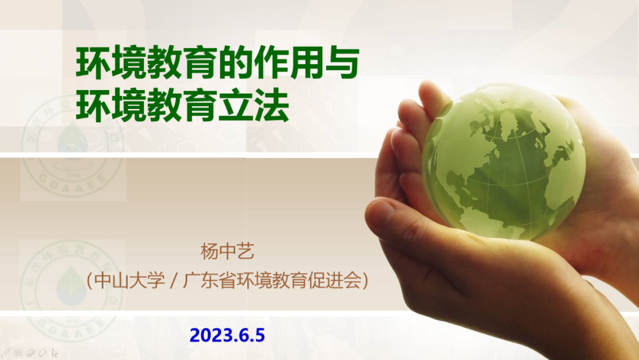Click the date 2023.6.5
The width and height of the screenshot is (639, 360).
point(227,335)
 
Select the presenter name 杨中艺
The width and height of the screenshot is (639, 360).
point(227,251)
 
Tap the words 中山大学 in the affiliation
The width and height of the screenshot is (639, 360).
point(130,281)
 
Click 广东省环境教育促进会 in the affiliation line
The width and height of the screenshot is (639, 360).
point(272,281)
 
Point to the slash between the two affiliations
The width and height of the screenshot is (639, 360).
point(174,281)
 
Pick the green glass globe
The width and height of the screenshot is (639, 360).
point(504,161)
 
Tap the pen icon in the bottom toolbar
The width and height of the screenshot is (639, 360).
point(5,353)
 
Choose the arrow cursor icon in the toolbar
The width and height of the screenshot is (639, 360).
point(55,353)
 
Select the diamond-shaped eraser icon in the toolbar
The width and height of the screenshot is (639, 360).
point(43,353)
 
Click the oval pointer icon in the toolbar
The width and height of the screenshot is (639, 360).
point(30,353)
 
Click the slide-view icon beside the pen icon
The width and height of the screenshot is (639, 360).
point(18,353)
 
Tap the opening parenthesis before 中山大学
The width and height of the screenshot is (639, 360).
point(90,281)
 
